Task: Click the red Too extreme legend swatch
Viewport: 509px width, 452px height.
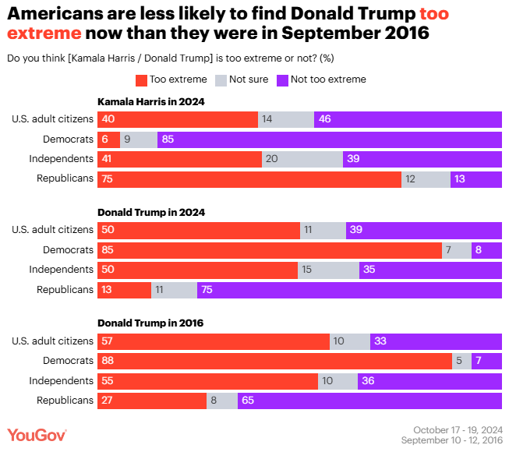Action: tap(141, 79)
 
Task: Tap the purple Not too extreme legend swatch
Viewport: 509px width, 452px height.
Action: tap(282, 79)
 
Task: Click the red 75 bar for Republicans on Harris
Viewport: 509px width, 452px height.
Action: tap(249, 179)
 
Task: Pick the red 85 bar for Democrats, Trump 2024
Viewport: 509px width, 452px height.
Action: tap(269, 250)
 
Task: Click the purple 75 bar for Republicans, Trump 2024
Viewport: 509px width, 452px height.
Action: tap(349, 290)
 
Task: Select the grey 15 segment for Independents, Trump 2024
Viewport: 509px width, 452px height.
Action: tap(328, 270)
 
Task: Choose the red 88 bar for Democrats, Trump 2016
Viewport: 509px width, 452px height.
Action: tap(274, 361)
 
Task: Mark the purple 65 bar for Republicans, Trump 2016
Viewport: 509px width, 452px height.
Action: tap(369, 401)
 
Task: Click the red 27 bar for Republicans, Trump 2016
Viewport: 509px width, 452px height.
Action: tap(151, 401)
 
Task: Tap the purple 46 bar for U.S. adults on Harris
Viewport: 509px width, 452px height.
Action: tap(408, 119)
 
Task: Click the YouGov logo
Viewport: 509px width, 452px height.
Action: tap(37, 435)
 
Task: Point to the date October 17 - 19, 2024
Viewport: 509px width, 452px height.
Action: tap(458, 429)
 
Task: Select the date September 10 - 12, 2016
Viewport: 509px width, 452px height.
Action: tap(451, 440)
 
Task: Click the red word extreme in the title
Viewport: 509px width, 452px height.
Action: tap(44, 34)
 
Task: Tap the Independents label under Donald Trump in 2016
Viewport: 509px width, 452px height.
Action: tap(62, 380)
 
